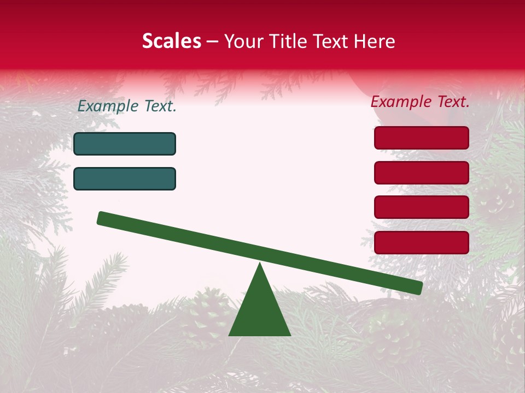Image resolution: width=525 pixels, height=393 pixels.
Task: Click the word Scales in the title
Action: [x=171, y=41]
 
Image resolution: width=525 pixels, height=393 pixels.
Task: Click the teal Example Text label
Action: [x=127, y=106]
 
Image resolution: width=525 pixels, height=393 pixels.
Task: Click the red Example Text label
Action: [x=420, y=102]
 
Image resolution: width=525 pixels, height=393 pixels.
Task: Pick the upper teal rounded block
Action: [x=125, y=144]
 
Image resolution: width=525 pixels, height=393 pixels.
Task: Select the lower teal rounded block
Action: [x=125, y=178]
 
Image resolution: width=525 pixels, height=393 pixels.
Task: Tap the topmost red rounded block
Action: [x=422, y=138]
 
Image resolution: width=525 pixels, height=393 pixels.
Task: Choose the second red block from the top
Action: [x=422, y=172]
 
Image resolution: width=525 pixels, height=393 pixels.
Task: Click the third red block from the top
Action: [x=422, y=207]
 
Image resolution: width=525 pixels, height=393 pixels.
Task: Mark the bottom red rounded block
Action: [x=422, y=242]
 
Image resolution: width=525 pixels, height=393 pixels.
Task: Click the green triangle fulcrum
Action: [x=260, y=311]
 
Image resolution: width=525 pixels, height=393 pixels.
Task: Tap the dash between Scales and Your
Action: [x=213, y=41]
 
